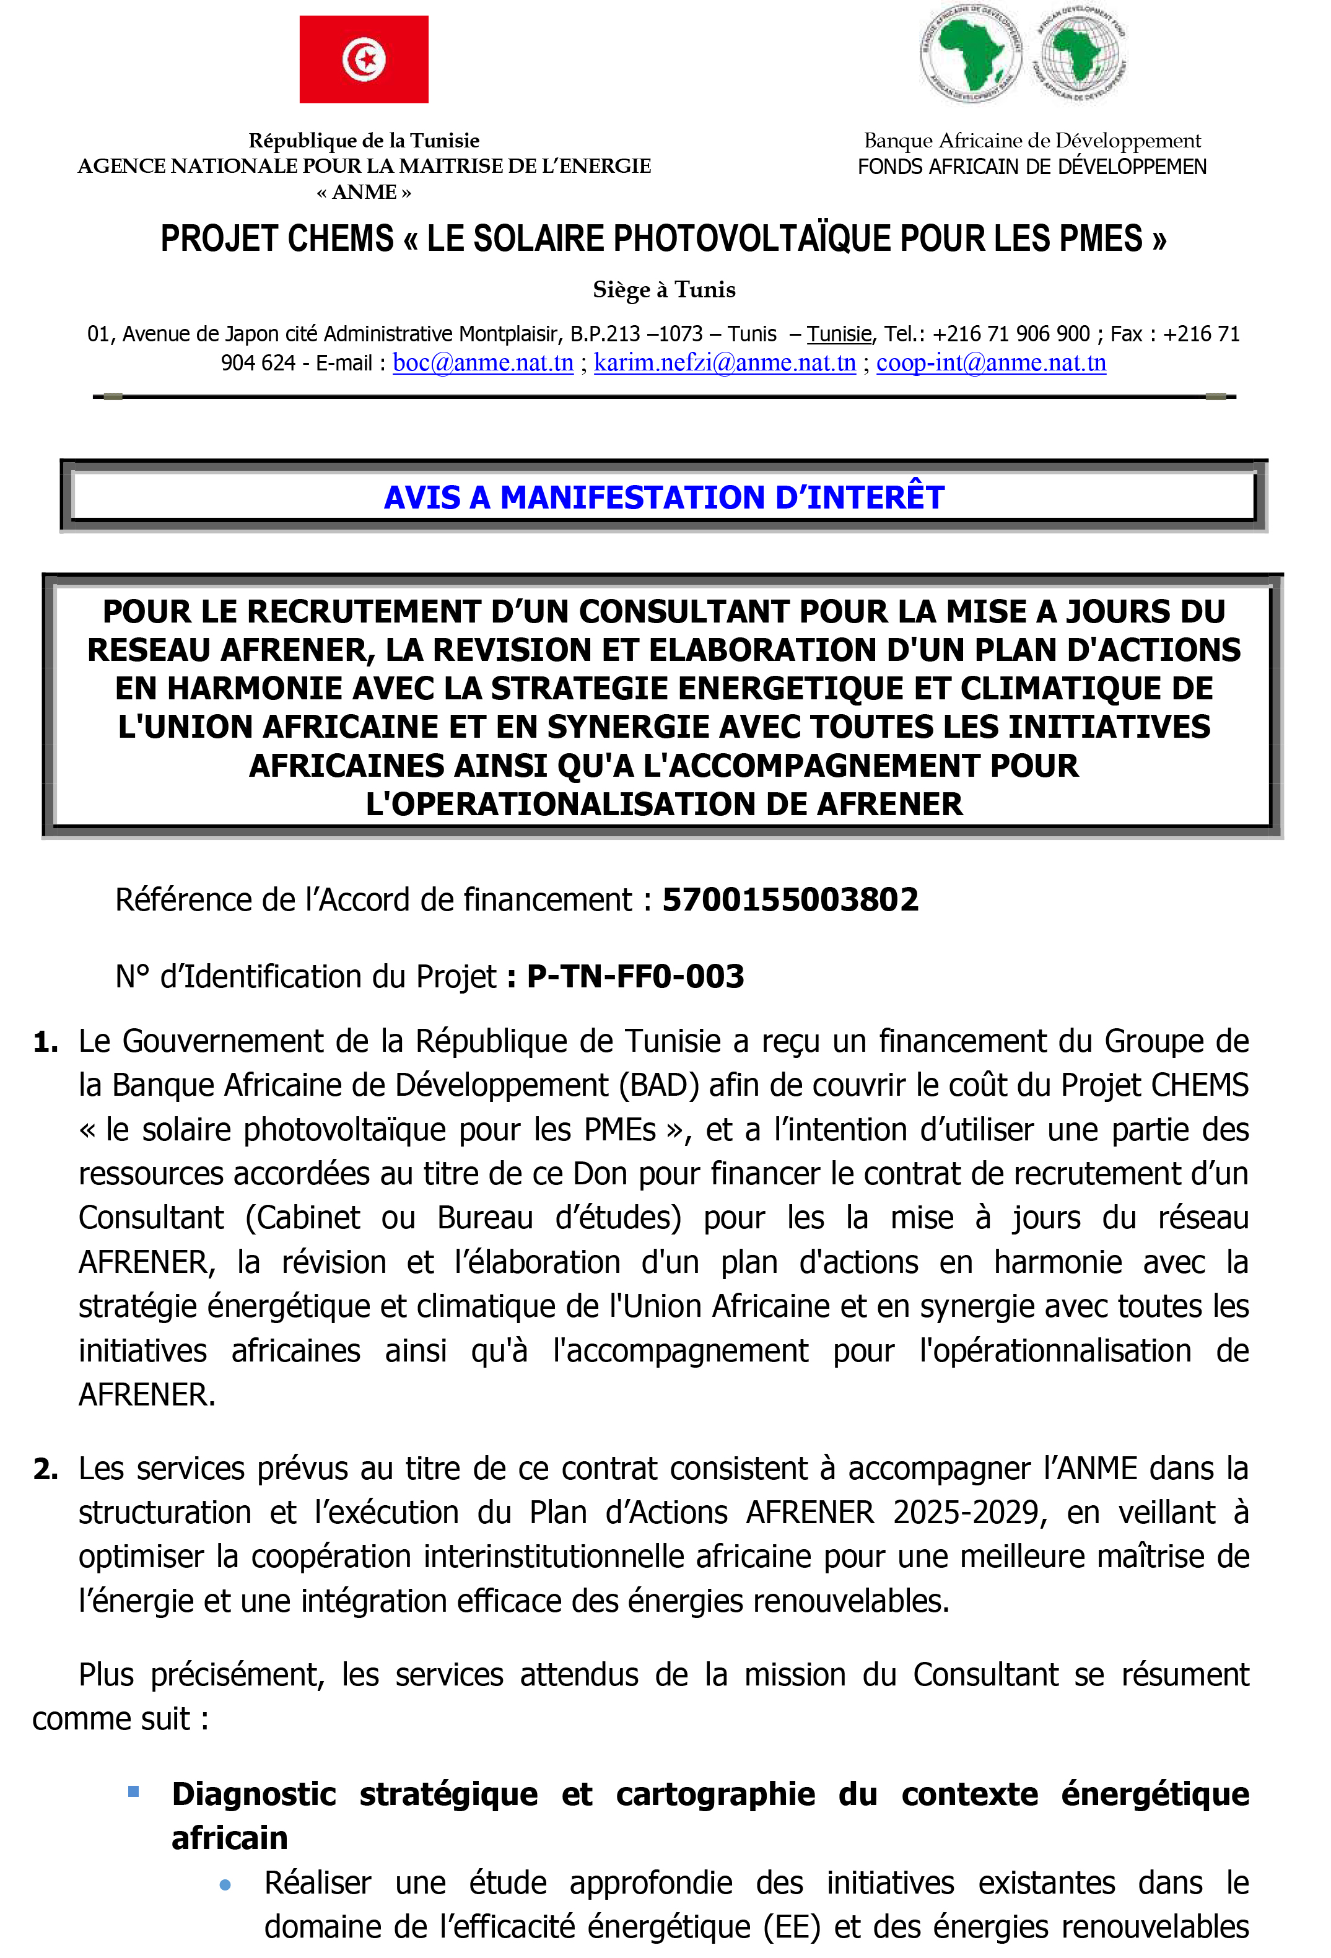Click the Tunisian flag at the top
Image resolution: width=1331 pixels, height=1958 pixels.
[364, 59]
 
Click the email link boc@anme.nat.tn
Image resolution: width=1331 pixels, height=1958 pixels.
[482, 363]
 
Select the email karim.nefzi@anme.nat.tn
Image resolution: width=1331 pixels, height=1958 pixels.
[725, 363]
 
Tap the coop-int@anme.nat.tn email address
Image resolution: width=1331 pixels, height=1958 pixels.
[991, 363]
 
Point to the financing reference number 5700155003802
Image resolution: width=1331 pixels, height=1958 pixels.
[790, 900]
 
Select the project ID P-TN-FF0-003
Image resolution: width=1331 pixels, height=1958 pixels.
[635, 976]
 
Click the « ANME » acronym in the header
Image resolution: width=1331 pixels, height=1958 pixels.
[364, 192]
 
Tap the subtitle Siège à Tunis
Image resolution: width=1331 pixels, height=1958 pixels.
[664, 290]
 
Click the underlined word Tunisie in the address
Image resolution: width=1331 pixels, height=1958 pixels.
[839, 334]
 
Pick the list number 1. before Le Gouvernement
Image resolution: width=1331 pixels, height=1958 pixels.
[45, 1042]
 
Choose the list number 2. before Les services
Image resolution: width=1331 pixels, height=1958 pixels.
[45, 1469]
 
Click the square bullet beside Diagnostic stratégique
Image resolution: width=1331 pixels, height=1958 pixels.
[133, 1791]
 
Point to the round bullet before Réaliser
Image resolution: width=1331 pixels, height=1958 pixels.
[225, 1886]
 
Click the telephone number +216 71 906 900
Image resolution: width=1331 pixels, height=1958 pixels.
[1011, 334]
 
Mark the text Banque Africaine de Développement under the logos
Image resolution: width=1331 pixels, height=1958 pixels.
[1032, 141]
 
